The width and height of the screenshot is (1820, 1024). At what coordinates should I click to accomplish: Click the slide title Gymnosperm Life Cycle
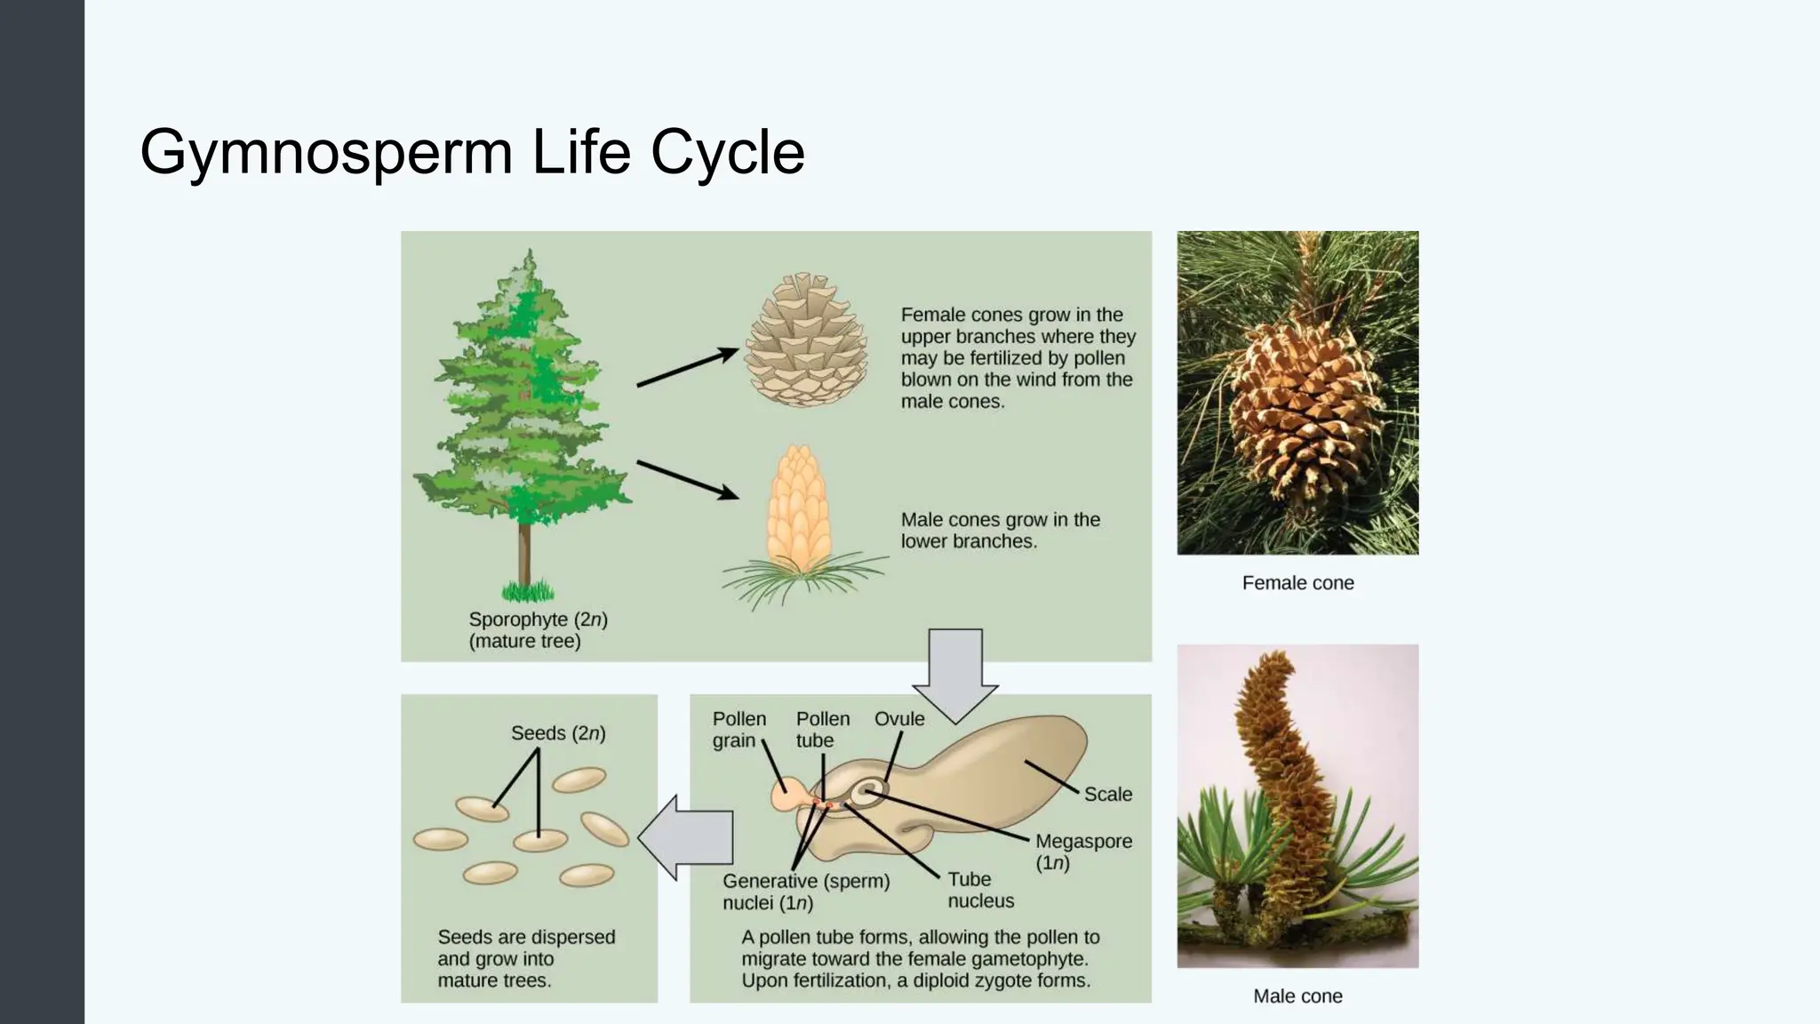pyautogui.click(x=472, y=152)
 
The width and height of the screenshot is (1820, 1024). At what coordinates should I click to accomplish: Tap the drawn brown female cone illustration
pyautogui.click(x=805, y=341)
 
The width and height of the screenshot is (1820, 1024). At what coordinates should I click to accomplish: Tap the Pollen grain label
pyautogui.click(x=738, y=730)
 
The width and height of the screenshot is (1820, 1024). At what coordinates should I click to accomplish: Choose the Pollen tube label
pyautogui.click(x=822, y=730)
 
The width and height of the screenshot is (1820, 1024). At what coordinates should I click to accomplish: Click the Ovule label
pyautogui.click(x=898, y=719)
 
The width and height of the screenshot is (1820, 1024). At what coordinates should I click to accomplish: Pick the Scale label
pyautogui.click(x=1107, y=795)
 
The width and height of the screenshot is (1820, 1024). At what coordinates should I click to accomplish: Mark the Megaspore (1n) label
pyautogui.click(x=1082, y=852)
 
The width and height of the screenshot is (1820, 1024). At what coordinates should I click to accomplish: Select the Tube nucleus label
pyautogui.click(x=979, y=890)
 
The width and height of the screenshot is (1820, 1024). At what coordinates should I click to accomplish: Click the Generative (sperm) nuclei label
pyautogui.click(x=805, y=892)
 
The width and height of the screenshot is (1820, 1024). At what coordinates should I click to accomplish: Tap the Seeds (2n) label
pyautogui.click(x=558, y=733)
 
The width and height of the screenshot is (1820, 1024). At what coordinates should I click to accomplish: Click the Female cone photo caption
pyautogui.click(x=1297, y=583)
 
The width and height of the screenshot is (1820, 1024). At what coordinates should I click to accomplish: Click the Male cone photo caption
pyautogui.click(x=1297, y=996)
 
